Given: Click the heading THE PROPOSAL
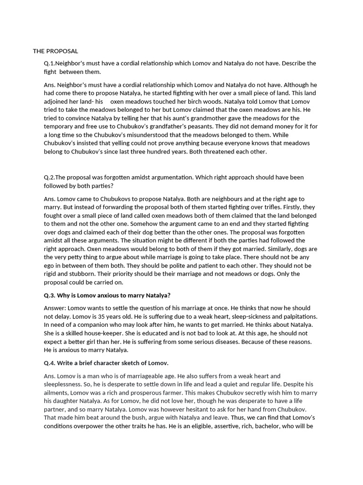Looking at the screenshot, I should coord(55,51).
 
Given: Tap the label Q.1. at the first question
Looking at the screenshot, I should coord(50,63).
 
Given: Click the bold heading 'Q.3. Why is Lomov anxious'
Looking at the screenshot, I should coord(107,296).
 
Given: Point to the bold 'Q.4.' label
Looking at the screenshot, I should coord(50,363).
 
